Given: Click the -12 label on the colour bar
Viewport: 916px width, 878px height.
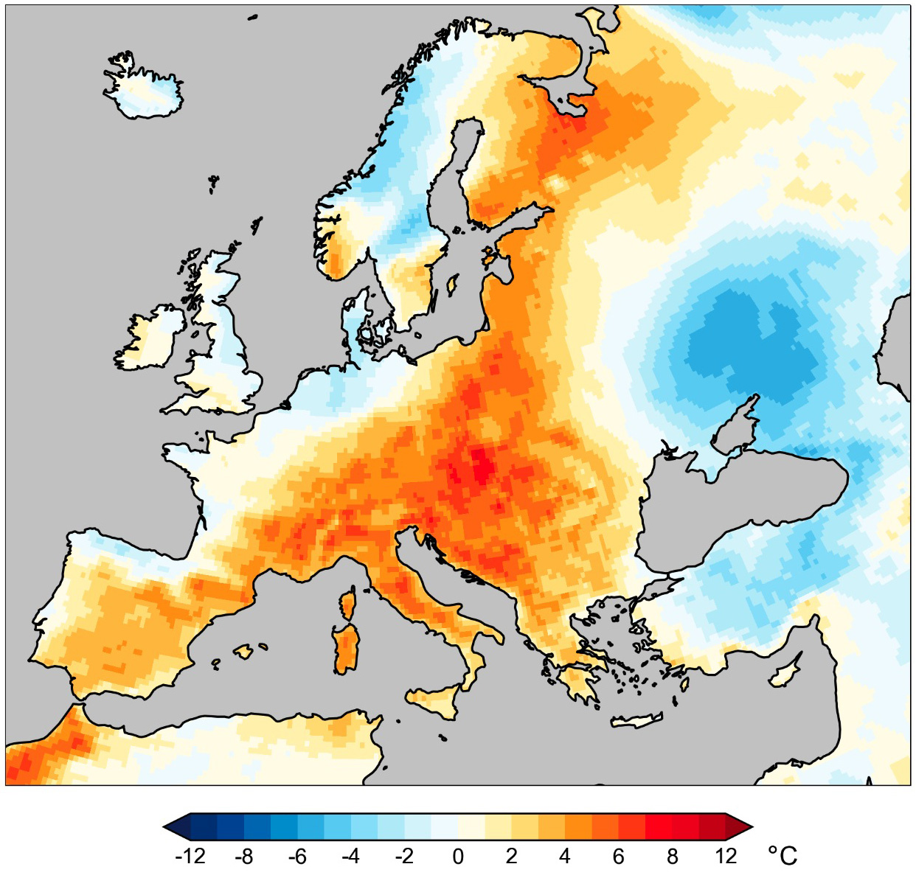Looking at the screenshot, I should pos(190,856).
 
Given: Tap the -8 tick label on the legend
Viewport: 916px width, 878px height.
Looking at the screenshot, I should pos(243,856).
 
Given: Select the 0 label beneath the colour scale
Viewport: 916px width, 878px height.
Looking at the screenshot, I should pos(458,856).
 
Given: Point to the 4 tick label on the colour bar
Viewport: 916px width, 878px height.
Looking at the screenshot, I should pos(565,856).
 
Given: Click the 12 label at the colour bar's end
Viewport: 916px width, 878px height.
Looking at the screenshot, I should pos(726,856).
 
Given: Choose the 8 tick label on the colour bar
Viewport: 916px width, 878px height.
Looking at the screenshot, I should pos(672,856).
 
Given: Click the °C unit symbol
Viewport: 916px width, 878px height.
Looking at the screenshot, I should pos(783,856).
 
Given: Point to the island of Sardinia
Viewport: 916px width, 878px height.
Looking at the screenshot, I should pos(344,649).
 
